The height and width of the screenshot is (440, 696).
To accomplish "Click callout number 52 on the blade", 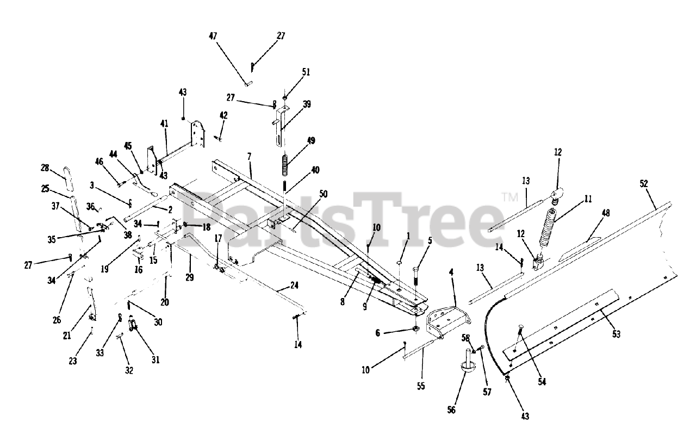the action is point(644,184).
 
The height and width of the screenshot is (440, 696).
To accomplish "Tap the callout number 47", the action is point(213,36).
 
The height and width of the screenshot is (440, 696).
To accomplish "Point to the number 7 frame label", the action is point(249,157).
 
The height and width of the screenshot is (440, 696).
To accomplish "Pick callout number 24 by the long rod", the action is point(294,284).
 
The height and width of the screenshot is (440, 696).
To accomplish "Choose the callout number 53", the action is point(616,333).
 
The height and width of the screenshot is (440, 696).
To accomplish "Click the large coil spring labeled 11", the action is point(550,228).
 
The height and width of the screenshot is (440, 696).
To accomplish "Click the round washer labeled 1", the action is point(398,264).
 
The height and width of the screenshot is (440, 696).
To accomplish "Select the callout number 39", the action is point(307,104).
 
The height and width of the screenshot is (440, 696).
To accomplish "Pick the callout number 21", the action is point(67,336).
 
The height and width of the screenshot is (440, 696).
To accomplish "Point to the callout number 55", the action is point(421,387).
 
